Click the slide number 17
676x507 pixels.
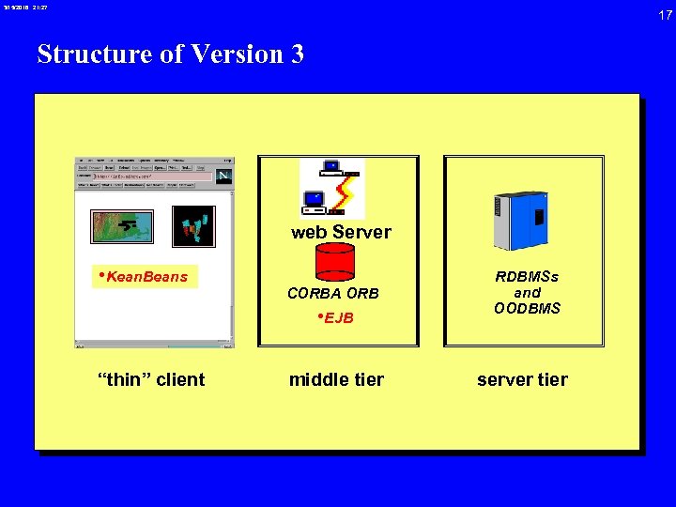(x=665, y=15)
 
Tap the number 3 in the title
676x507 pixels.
(x=297, y=54)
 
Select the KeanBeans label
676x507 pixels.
(x=146, y=277)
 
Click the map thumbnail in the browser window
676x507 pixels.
(x=121, y=226)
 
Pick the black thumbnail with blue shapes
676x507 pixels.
(x=193, y=226)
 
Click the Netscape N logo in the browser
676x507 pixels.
(x=223, y=177)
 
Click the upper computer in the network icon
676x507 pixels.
(x=331, y=168)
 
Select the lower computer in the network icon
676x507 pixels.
(x=315, y=200)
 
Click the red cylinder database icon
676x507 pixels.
(x=334, y=262)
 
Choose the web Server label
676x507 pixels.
(x=341, y=232)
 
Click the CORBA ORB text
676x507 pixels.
(x=333, y=293)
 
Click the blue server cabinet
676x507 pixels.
(x=521, y=219)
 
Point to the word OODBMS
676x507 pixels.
(x=527, y=309)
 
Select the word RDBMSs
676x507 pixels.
(x=527, y=277)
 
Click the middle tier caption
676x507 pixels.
(x=336, y=379)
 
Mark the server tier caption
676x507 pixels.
(x=522, y=379)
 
